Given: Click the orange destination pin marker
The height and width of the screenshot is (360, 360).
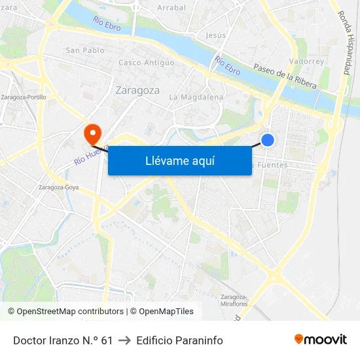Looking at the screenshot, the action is click(92, 133).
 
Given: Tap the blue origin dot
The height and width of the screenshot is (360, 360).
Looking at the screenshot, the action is click(268, 139).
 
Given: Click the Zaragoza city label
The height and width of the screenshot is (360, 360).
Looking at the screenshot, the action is click(137, 90).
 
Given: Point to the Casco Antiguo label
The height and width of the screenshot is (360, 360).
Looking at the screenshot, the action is click(147, 63).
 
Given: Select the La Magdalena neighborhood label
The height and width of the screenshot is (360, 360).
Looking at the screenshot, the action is click(196, 97).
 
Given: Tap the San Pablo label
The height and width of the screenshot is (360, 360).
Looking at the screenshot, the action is click(85, 50).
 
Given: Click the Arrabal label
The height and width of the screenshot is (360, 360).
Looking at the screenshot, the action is click(171, 8).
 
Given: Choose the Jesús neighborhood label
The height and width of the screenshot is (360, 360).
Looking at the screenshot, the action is click(216, 35).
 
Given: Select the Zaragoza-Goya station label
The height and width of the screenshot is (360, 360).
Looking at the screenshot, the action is click(59, 187).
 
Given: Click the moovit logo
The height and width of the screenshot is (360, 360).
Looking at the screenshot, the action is click(320, 339).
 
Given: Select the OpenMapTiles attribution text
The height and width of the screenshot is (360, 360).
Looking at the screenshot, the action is click(164, 312).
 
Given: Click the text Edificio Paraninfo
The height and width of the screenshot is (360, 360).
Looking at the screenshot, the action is click(179, 340).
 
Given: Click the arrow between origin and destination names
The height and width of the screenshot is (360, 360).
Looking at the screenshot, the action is click(124, 340).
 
